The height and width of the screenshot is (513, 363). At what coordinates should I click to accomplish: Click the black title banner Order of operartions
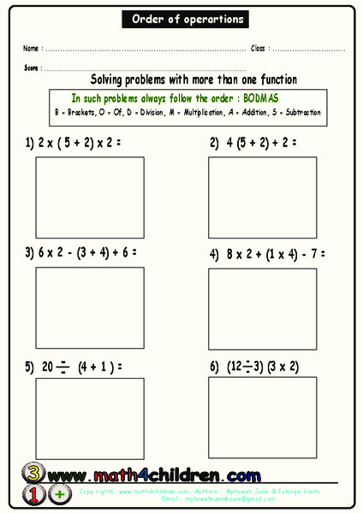pos(187,19)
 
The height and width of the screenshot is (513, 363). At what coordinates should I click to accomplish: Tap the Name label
pos(31,49)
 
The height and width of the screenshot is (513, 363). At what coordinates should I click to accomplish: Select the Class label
pos(259,49)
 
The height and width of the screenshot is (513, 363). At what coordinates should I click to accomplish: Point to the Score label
pos(32,67)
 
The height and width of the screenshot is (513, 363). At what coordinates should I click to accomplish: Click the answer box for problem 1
pos(89,198)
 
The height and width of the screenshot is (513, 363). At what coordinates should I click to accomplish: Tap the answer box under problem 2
pos(262,198)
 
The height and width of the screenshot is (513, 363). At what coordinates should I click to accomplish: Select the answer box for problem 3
pos(89,308)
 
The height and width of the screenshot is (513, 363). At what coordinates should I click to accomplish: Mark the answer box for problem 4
pos(262,308)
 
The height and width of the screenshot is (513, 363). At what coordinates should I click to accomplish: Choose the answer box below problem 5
pos(89,418)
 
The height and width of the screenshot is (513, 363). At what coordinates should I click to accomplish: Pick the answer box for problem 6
pos(262,418)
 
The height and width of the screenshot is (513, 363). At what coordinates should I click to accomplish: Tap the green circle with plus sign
pos(60,494)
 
